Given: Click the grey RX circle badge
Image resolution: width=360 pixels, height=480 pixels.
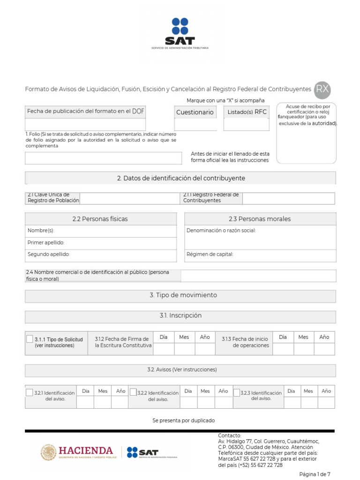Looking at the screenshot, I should pyautogui.click(x=322, y=89).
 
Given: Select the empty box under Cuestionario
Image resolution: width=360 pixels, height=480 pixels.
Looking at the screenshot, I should pyautogui.click(x=195, y=125).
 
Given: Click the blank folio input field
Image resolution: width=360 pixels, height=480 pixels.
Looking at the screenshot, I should pyautogui.click(x=103, y=158).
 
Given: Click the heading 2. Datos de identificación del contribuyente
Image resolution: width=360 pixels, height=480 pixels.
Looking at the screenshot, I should pyautogui.click(x=180, y=178).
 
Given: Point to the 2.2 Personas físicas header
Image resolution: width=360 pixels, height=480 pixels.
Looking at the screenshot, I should pyautogui.click(x=100, y=219).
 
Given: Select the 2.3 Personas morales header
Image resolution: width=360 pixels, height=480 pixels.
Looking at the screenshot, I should pyautogui.click(x=260, y=219).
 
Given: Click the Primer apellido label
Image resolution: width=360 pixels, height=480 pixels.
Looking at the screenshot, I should pyautogui.click(x=46, y=242).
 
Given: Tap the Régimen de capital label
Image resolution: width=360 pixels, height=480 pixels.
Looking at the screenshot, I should pyautogui.click(x=210, y=255).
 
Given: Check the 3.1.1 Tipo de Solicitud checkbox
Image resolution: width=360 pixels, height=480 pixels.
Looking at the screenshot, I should pyautogui.click(x=30, y=339).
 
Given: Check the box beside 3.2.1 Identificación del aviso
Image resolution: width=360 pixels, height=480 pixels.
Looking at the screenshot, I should pyautogui.click(x=29, y=392).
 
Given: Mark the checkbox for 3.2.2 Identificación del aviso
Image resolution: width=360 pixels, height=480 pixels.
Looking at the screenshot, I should pyautogui.click(x=133, y=392).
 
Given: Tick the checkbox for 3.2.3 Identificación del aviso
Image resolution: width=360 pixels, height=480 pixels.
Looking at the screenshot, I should pyautogui.click(x=237, y=392).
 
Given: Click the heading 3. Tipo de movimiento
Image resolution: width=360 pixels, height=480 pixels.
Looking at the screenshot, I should pyautogui.click(x=180, y=295).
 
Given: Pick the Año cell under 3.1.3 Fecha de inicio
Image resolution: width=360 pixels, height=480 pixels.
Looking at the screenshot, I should pyautogui.click(x=324, y=349).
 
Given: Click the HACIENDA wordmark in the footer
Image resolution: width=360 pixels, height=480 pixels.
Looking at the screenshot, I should pyautogui.click(x=85, y=451).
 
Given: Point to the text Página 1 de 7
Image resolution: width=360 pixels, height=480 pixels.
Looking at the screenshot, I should pyautogui.click(x=315, y=474).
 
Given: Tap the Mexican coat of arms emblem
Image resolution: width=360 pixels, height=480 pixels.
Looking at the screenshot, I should pyautogui.click(x=48, y=452).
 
